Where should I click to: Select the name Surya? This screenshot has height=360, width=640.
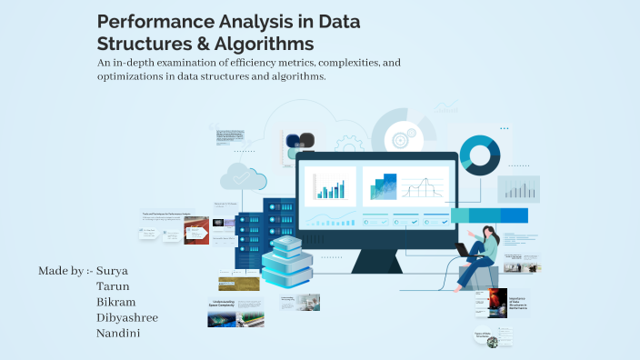tap(115, 271)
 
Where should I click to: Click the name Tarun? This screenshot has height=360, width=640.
tap(113, 286)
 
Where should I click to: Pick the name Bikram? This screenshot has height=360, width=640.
tap(116, 302)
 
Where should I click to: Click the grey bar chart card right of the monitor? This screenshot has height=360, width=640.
tap(520, 188)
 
